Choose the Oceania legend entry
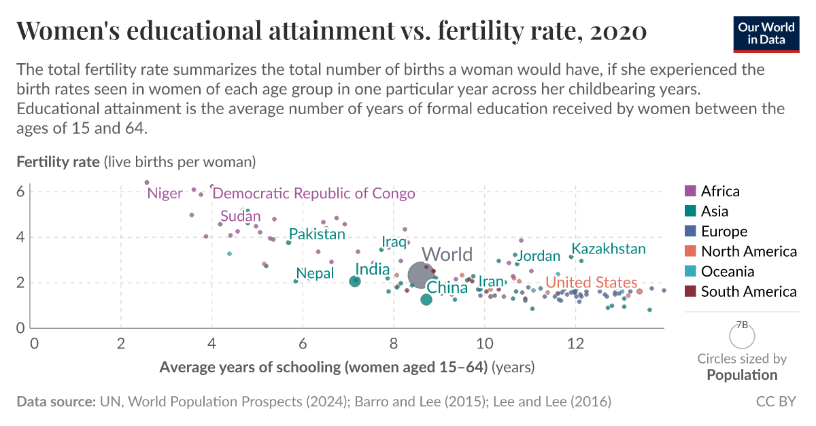coord(727,272)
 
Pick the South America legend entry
coord(748,291)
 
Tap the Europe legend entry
coord(724,231)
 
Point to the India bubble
coord(354,281)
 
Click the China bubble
coord(426,300)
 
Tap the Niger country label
coord(165,194)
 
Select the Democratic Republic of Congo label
coord(313,194)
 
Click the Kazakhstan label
coord(608,249)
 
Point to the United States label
coord(592,283)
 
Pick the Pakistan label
coord(317,234)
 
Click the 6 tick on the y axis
coord(20,192)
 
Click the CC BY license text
coord(776,402)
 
